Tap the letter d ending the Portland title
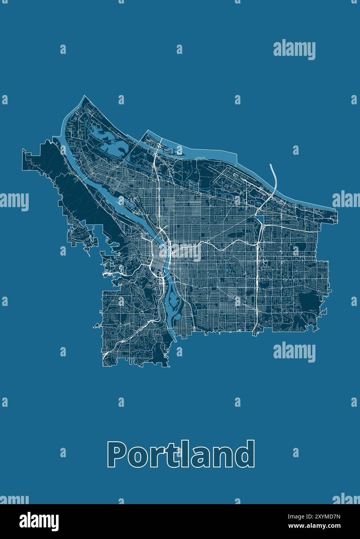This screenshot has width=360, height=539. point(245,454)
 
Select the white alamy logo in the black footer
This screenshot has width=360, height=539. point(39,521)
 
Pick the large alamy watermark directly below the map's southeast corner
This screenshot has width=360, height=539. point(294,352)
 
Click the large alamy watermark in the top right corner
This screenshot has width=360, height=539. point(294,50)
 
